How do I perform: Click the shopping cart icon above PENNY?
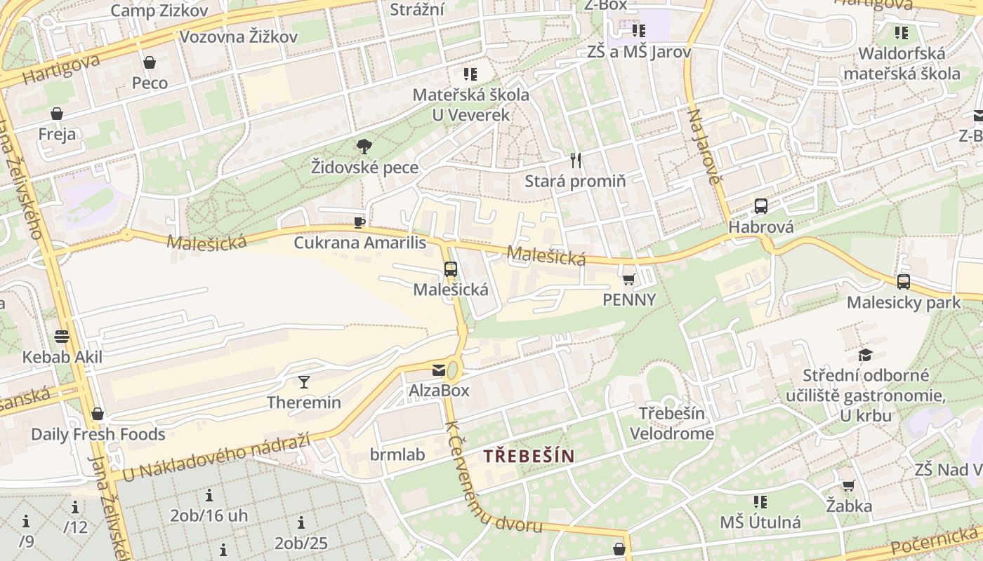[x=628, y=279]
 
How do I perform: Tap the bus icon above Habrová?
[x=760, y=206]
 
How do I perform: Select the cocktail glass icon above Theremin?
[x=303, y=382]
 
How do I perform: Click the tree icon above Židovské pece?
[x=364, y=147]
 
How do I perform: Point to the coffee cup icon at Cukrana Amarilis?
[x=359, y=223]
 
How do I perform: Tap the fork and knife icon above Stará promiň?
[x=576, y=161]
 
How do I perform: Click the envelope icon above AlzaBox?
[x=439, y=370]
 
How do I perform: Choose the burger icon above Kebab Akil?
[x=62, y=336]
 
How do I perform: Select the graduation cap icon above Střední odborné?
[x=865, y=355]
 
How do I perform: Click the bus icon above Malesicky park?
[x=904, y=282]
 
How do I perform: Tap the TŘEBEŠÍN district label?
[x=529, y=456]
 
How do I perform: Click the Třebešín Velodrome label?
[x=671, y=424]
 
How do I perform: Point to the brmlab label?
[x=397, y=454]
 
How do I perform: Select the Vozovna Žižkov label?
[x=239, y=36]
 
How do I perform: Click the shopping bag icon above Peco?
[x=150, y=62]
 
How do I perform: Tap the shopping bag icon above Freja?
[x=57, y=114]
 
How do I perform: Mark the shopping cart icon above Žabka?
[x=848, y=485]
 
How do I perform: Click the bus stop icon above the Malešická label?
[x=451, y=269]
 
